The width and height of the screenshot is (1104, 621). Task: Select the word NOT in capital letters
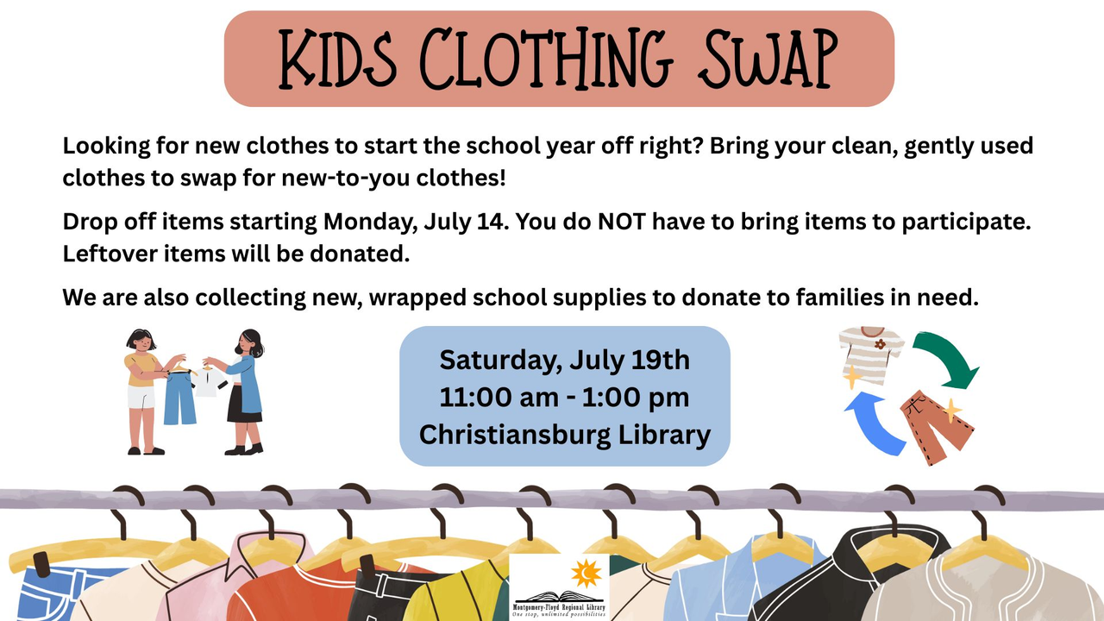point(622,222)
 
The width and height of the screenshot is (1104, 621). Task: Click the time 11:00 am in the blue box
point(499,398)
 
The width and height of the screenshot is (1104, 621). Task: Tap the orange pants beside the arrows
point(937,426)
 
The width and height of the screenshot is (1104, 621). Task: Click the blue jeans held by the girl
point(179,398)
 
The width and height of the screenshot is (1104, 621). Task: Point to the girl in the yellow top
point(143,392)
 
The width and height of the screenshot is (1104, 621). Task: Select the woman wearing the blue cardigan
point(242,392)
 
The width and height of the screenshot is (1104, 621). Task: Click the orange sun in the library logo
point(586,574)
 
